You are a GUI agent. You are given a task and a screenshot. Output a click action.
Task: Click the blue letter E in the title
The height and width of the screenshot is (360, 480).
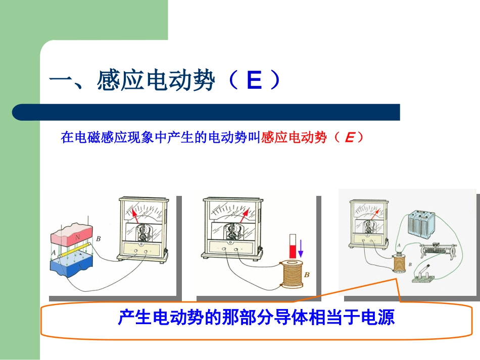(x=254, y=81)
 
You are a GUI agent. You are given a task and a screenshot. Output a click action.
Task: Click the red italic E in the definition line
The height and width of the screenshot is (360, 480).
(x=349, y=137)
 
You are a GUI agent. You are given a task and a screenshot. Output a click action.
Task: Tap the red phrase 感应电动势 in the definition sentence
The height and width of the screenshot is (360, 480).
(x=294, y=137)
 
